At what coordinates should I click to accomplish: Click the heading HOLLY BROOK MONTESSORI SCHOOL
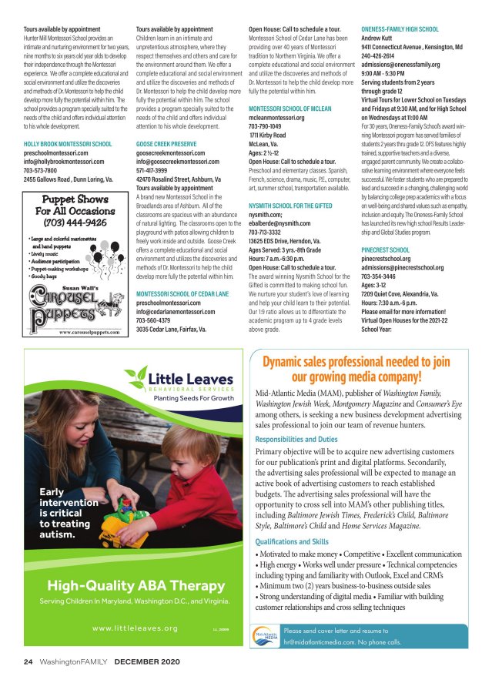(x=68, y=144)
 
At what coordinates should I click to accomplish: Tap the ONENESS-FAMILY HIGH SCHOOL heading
(x=400, y=28)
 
